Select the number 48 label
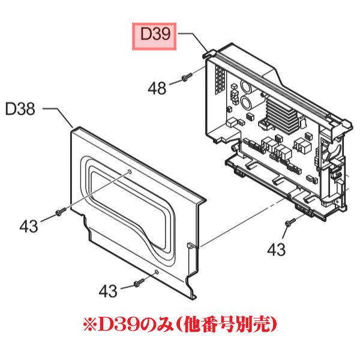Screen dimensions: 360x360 coord(157,89)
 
